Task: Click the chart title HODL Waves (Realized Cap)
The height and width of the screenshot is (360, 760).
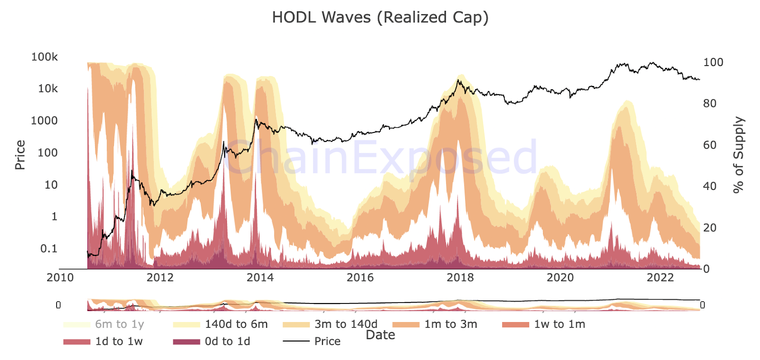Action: pyautogui.click(x=380, y=17)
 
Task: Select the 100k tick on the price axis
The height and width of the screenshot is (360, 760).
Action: pyautogui.click(x=44, y=57)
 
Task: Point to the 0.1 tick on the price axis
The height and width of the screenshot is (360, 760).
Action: pyautogui.click(x=48, y=248)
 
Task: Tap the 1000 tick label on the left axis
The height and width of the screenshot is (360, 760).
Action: pyautogui.click(x=44, y=121)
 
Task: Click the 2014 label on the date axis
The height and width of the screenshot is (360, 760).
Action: pyautogui.click(x=260, y=277)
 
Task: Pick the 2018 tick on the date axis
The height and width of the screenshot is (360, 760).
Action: pyautogui.click(x=460, y=277)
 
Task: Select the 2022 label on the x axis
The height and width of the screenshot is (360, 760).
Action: pyautogui.click(x=660, y=277)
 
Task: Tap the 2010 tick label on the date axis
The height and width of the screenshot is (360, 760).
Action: pyautogui.click(x=60, y=277)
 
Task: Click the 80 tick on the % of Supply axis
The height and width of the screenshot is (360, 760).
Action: pyautogui.click(x=710, y=104)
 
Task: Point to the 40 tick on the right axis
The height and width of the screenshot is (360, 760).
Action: pyautogui.click(x=710, y=186)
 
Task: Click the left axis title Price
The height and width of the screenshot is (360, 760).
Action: pyautogui.click(x=20, y=155)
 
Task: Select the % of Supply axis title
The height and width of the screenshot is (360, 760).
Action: pyautogui.click(x=738, y=155)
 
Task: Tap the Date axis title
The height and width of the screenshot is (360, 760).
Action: pyautogui.click(x=380, y=335)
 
